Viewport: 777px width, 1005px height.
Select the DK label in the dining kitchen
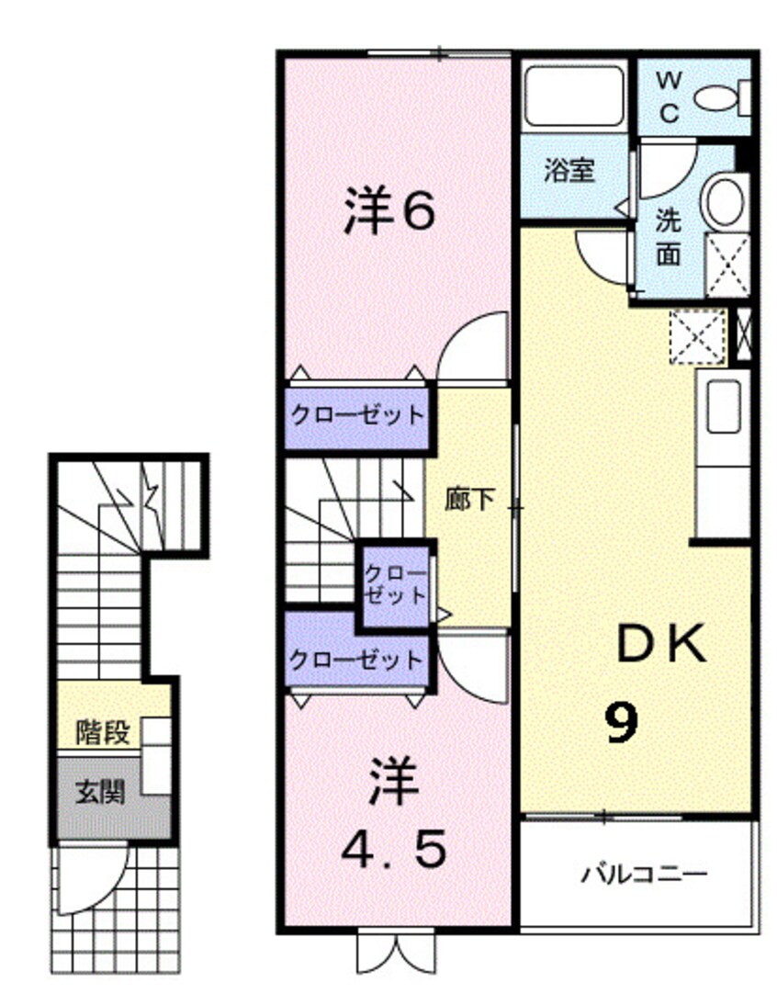tap(660, 646)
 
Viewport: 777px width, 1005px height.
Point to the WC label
tap(670, 97)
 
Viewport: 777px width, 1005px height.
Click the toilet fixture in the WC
tap(720, 96)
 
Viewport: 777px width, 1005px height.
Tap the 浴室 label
tap(569, 171)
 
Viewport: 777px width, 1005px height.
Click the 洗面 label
tap(669, 236)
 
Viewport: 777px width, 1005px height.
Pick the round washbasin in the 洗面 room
tap(726, 200)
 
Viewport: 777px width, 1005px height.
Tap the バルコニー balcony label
tap(643, 873)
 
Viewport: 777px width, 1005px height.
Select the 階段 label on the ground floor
tap(102, 733)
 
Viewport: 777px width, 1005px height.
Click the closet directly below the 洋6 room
tap(357, 415)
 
